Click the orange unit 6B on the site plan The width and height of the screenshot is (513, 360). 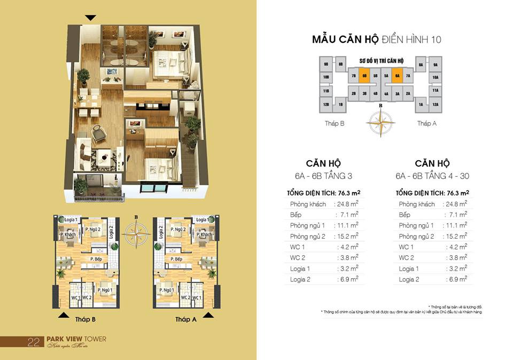tap(364, 76)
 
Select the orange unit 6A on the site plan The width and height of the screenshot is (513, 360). tap(397, 76)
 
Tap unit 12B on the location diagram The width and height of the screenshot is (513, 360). tap(325, 105)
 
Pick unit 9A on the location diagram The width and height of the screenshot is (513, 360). tap(436, 65)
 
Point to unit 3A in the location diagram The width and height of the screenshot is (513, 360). tap(397, 93)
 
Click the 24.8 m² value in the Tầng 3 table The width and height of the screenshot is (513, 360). tap(346, 204)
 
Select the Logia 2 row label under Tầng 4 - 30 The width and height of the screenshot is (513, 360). tap(408, 279)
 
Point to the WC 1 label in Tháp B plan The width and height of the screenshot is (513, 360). tap(76, 298)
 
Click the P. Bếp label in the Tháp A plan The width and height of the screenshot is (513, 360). tap(176, 260)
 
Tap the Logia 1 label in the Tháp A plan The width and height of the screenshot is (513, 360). tap(201, 220)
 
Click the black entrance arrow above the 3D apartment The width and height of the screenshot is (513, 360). tap(91, 18)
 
